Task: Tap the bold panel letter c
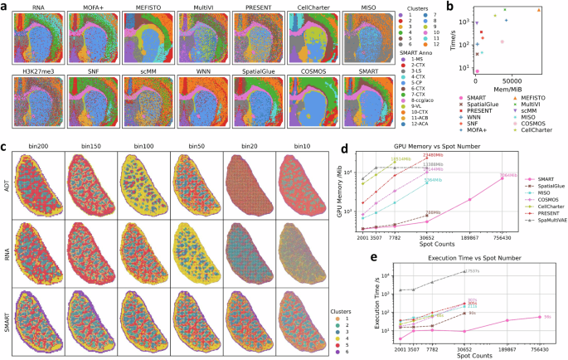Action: click(5, 148)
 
